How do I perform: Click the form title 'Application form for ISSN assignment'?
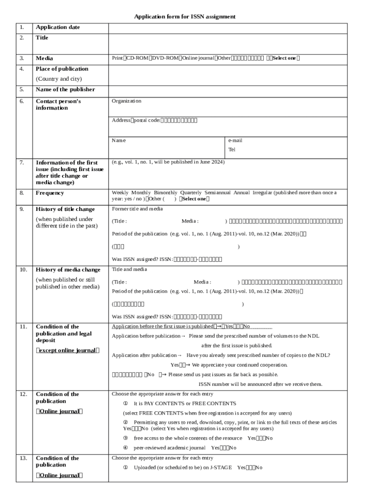tap(185, 16)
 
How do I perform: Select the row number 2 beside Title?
tap(22, 37)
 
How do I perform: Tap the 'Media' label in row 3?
tap(44, 58)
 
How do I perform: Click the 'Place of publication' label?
tap(62, 69)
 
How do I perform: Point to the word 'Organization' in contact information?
tap(126, 101)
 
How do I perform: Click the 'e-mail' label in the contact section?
tap(235, 140)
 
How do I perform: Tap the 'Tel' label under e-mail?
tap(232, 149)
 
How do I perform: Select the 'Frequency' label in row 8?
tap(49, 193)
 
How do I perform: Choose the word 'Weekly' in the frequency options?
tap(120, 192)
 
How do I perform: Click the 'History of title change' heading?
tap(65, 209)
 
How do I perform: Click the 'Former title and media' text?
tap(137, 209)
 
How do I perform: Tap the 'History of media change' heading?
tap(68, 270)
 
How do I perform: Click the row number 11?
tap(23, 327)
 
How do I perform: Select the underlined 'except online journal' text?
tap(67, 350)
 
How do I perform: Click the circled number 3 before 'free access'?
tap(125, 438)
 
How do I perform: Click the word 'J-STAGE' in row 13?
tap(222, 467)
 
